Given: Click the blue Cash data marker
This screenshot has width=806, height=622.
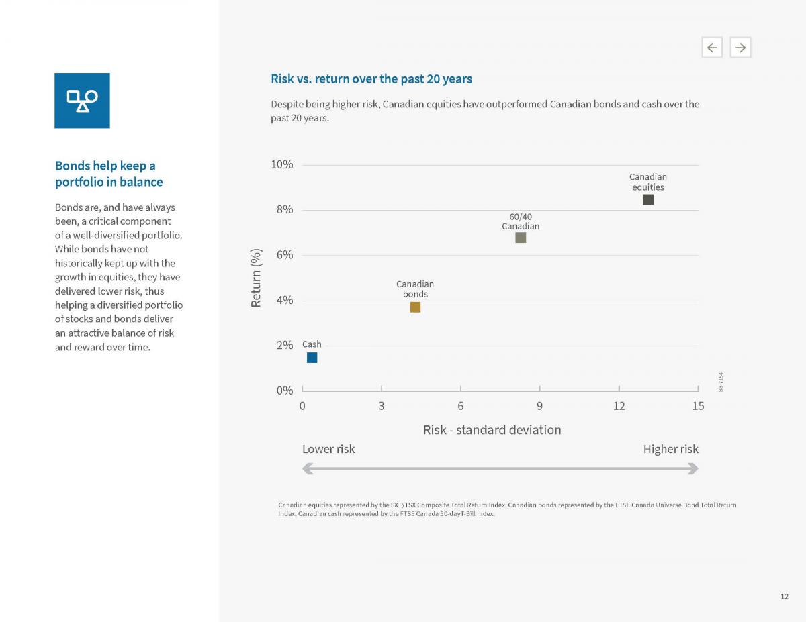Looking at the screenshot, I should coord(312,358).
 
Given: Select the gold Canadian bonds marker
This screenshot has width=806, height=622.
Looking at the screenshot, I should coord(415,307).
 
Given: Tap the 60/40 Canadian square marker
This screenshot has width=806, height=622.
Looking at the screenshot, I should coord(521,238).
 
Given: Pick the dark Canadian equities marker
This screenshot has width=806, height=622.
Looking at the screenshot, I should coord(648,199).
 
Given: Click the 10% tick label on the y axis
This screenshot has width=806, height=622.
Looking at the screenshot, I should coord(282,165).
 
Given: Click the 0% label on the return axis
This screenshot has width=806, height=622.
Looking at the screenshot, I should coord(285,391).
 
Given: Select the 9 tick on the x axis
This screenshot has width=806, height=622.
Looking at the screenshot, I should coord(539,406).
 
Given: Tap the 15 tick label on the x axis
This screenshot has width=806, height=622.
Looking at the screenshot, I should coord(698,406).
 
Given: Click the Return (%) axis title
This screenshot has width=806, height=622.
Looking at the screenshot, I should coord(256,278).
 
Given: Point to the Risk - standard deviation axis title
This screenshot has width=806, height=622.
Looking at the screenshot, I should coord(492,430).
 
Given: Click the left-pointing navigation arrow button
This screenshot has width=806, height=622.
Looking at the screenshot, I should coord(712,48).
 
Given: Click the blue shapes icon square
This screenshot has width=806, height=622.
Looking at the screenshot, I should coord(82,101).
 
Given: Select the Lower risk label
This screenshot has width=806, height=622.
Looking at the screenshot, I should coord(328,450).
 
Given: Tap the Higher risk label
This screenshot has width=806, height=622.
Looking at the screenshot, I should coord(670,450).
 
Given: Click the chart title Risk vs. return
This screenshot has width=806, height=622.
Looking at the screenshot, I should coord(371,79).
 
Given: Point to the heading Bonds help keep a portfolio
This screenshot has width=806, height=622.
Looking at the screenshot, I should coord(109,174).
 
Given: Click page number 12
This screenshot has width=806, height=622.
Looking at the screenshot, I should coord(785,597).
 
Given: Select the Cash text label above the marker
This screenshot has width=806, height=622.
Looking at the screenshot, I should coord(312,344).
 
